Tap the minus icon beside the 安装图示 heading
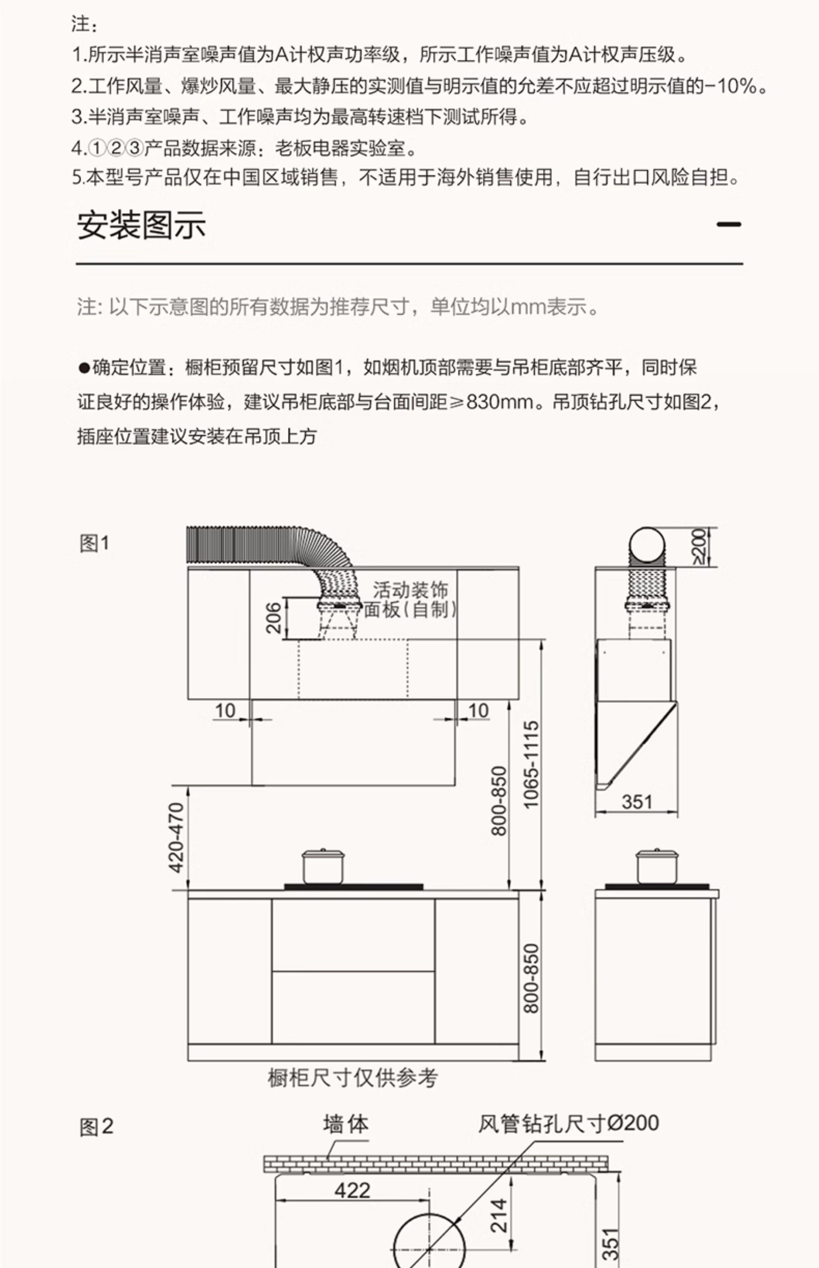pyautogui.click(x=728, y=224)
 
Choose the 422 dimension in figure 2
pyautogui.click(x=352, y=1190)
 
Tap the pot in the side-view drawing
pyautogui.click(x=657, y=866)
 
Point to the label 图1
pyautogui.click(x=94, y=543)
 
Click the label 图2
pyautogui.click(x=96, y=1127)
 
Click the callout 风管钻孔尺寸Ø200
pyautogui.click(x=568, y=1123)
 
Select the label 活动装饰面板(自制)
pyautogui.click(x=409, y=600)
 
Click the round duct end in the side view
pyautogui.click(x=647, y=546)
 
